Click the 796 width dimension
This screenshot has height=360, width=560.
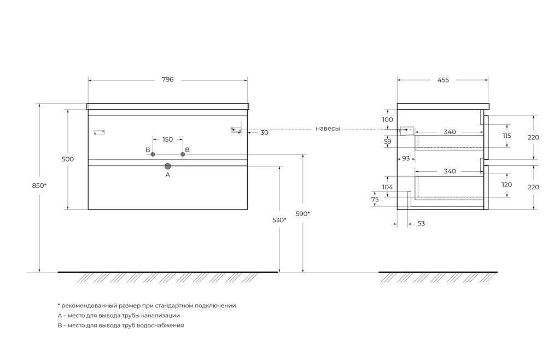[167, 80]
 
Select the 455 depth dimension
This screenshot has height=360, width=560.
[443, 80]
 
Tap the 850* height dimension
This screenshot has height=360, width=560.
[39, 185]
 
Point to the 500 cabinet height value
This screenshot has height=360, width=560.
[68, 159]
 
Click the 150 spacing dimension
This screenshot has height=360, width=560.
[167, 140]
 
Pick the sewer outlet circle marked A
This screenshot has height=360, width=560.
[168, 166]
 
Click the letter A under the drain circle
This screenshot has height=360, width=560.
[168, 175]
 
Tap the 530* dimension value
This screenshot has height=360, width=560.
[279, 220]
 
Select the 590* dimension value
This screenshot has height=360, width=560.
[303, 213]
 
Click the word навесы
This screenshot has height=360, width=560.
[328, 129]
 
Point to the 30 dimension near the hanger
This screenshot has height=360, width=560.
[264, 132]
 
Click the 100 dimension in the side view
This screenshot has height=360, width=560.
[387, 119]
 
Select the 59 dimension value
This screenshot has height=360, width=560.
[388, 142]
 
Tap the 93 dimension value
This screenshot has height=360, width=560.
[406, 159]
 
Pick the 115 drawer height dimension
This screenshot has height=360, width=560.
[506, 136]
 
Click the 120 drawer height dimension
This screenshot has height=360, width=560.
[506, 185]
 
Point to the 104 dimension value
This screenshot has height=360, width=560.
[388, 187]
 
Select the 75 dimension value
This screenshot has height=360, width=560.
[375, 200]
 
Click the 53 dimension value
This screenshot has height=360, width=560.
[421, 224]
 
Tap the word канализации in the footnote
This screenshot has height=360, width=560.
[161, 316]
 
